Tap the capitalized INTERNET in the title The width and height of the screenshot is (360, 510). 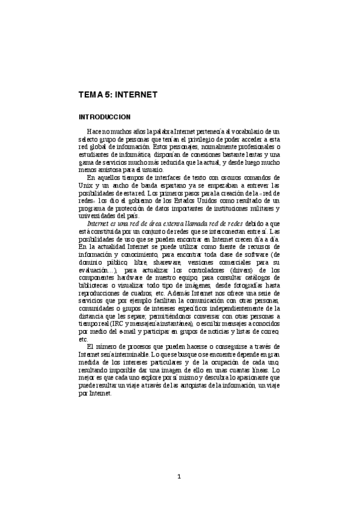click(136, 95)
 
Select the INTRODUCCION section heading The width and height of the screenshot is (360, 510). click(106, 115)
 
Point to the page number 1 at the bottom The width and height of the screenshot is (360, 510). click(179, 478)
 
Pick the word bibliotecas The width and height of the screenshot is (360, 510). click(96, 286)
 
